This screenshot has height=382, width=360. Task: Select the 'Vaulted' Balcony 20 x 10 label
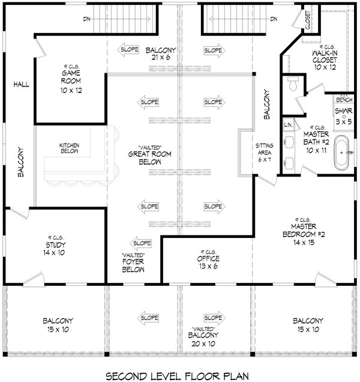(202, 330)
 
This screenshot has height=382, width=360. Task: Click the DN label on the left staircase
(88, 19)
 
